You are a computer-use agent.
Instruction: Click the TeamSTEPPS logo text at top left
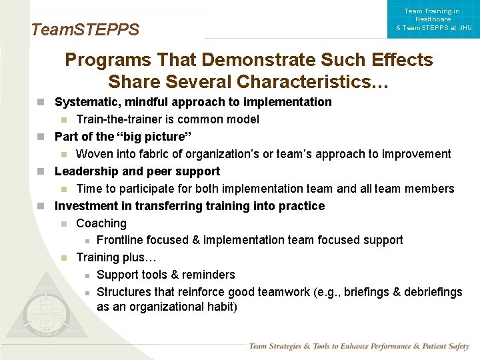pos(85,30)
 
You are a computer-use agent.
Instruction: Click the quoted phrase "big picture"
pos(154,137)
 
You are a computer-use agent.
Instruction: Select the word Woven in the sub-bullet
pos(94,154)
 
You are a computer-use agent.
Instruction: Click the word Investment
pos(85,206)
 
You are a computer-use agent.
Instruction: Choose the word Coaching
pos(101,223)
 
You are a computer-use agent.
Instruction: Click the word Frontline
pos(121,240)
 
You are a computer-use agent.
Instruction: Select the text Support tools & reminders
pos(166,275)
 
